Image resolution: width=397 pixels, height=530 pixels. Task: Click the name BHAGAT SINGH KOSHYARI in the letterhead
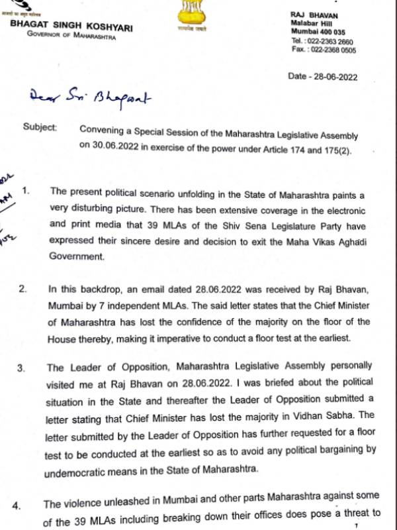71,25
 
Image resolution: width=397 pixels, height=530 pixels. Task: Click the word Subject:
40,126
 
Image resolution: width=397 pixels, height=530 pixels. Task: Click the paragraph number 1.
26,191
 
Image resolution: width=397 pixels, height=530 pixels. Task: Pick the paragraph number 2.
22,290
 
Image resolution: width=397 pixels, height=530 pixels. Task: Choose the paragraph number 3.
22,366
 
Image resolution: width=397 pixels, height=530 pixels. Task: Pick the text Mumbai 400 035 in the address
318,31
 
